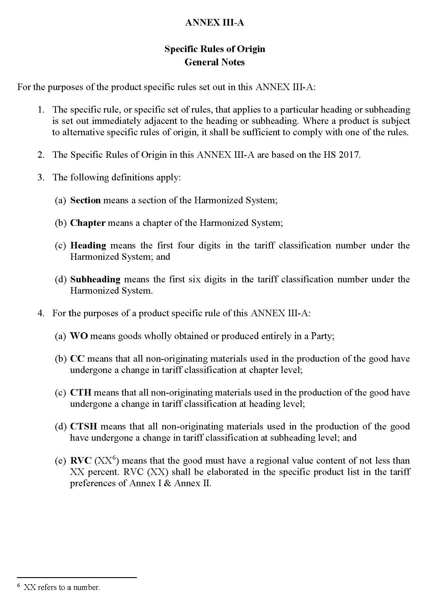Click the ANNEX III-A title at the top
click(x=214, y=23)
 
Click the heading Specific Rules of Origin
click(x=214, y=49)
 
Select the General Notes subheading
click(x=214, y=62)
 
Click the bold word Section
click(x=85, y=200)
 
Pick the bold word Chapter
click(x=88, y=223)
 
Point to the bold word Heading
click(x=88, y=245)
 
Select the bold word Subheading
click(x=95, y=279)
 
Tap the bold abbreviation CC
click(x=77, y=359)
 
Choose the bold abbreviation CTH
click(x=81, y=393)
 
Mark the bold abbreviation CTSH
click(x=84, y=426)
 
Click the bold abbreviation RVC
click(x=81, y=461)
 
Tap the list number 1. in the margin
click(x=41, y=110)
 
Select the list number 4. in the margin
click(x=41, y=314)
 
